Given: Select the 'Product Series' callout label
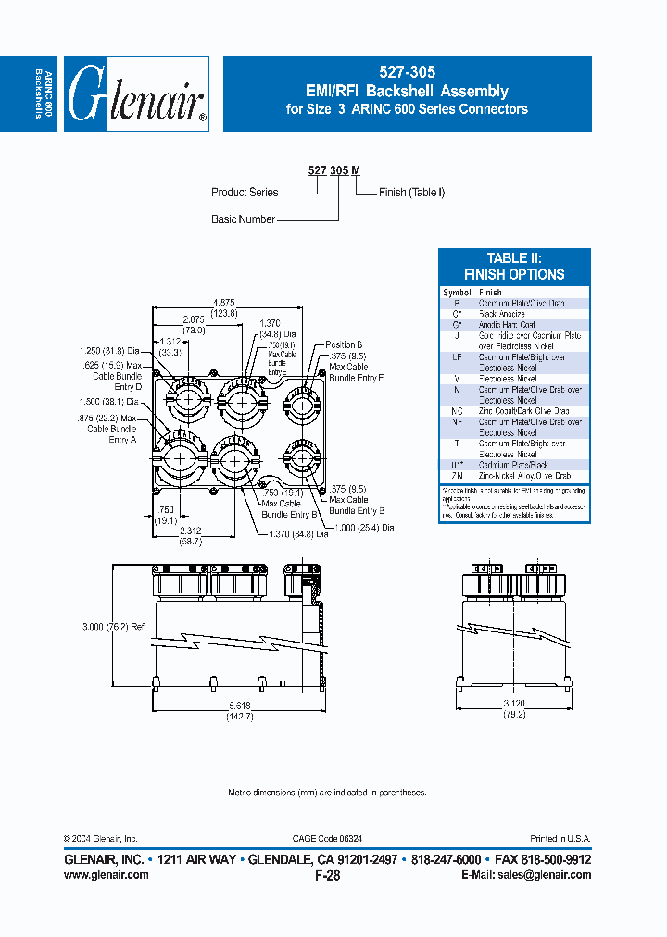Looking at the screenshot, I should pos(245,193).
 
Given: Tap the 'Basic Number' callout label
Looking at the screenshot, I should pos(243,219).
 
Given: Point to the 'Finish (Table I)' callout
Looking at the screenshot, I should pos(412,193).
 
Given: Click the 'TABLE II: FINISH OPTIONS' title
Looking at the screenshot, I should pos(513,267).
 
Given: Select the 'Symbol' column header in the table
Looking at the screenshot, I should pos(457,293).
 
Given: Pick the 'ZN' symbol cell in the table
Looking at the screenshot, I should pos(457,476).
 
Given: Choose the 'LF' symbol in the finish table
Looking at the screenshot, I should pos(457,356).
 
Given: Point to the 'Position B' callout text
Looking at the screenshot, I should pos(343,344).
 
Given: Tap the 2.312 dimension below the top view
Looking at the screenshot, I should pos(192,531).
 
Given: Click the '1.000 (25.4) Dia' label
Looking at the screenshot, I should pos(362,527).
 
